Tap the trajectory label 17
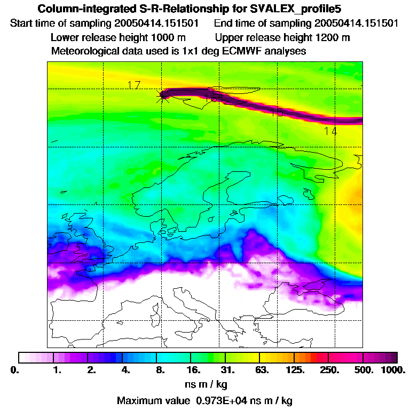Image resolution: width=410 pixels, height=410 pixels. [134, 85]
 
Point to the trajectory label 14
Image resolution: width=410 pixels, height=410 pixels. [330, 131]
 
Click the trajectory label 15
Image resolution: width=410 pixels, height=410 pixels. [277, 112]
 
